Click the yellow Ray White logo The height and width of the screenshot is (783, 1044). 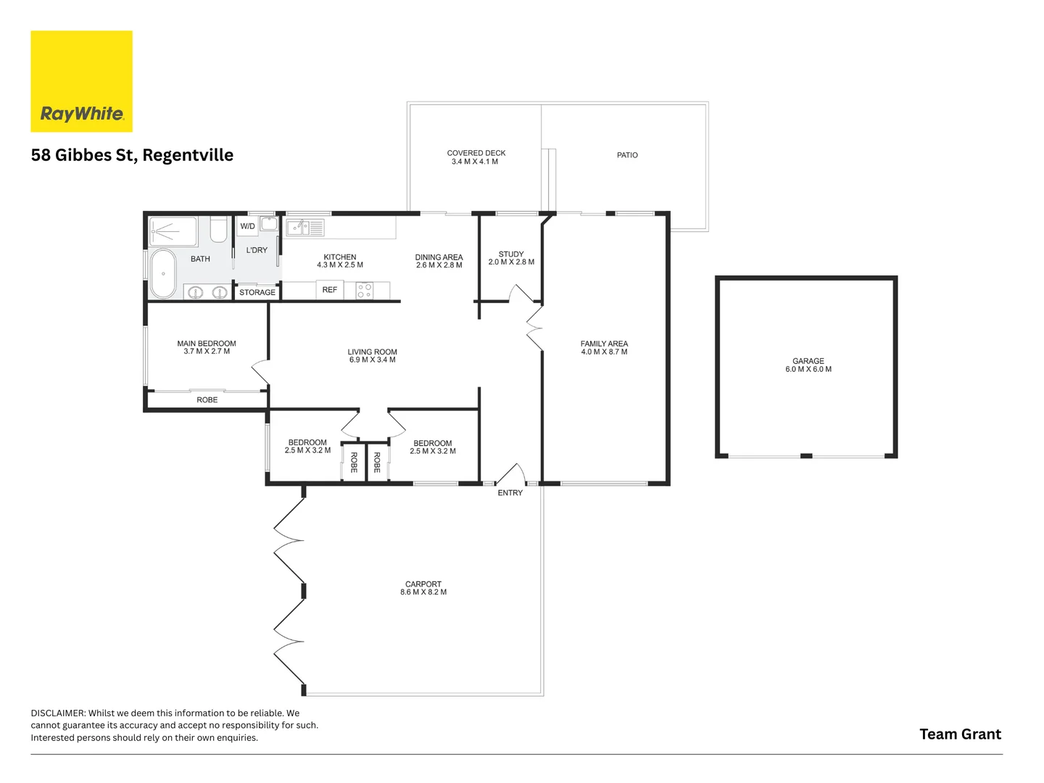pos(81,81)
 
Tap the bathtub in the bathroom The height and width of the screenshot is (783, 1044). pos(163,273)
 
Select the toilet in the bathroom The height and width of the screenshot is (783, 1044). pos(219,229)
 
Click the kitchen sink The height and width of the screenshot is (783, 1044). pos(305,227)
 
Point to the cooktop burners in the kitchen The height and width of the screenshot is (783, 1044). pos(365,291)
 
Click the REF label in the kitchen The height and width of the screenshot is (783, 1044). pos(330,289)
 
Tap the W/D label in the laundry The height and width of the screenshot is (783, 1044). pos(247,225)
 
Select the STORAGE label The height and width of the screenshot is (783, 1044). pos(257,292)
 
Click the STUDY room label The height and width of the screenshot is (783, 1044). pos(511,254)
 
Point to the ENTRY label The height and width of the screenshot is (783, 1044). pos(510,493)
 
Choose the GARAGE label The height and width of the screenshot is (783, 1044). pos(808,361)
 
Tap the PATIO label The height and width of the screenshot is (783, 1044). pos(627,155)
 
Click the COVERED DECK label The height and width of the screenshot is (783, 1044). pos(476,153)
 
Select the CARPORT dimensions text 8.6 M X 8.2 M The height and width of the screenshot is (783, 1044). pos(423,592)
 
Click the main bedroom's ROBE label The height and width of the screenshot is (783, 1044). pos(207,399)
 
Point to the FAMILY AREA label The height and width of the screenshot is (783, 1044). pos(604,343)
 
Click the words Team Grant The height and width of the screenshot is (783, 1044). pos(961,734)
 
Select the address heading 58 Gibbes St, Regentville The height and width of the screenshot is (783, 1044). pos(132,155)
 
